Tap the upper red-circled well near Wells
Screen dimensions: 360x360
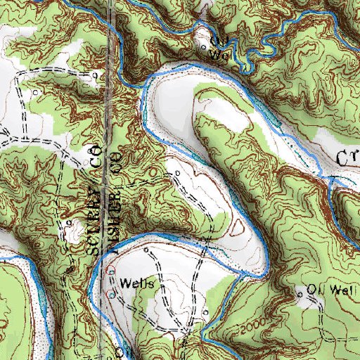[110, 271]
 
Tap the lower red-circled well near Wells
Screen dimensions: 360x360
[112, 295]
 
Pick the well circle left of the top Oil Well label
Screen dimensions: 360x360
[204, 48]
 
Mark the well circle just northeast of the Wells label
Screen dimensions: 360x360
[146, 250]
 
